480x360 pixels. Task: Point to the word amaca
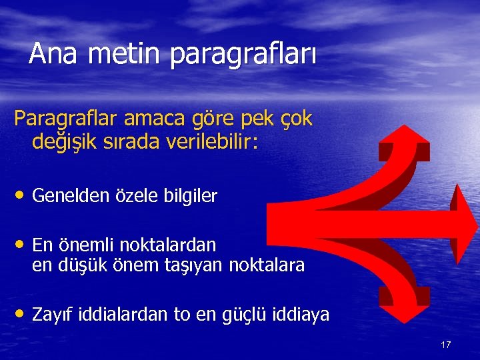147,119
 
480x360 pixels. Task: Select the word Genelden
73,196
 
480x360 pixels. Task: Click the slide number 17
446,345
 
